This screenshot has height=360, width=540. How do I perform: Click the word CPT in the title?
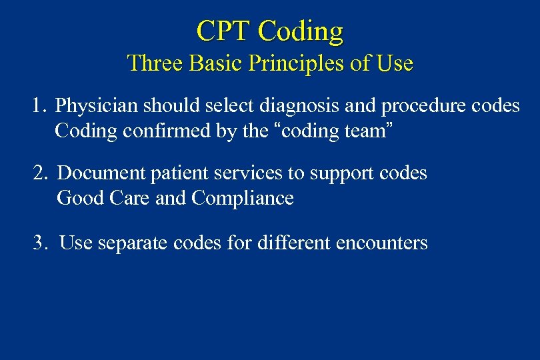coord(223,31)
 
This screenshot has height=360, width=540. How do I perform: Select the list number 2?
coord(40,173)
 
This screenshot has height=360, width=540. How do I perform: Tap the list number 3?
coord(40,243)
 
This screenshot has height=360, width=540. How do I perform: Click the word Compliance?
coord(243,199)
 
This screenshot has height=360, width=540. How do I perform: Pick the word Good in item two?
coord(76,198)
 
